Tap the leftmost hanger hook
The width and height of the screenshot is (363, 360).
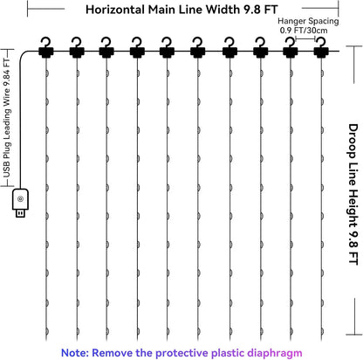(46, 47)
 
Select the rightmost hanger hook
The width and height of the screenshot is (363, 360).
(321, 47)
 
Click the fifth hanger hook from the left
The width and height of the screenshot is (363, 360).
(167, 47)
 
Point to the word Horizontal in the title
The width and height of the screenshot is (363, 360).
(115, 10)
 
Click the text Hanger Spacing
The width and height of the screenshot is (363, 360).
(308, 21)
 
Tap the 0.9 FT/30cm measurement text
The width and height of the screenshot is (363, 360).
(304, 31)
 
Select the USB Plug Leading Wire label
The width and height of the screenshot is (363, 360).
(7, 118)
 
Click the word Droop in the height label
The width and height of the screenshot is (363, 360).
(353, 141)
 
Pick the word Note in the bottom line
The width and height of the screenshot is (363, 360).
(75, 353)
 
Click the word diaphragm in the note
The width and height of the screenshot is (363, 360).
(275, 353)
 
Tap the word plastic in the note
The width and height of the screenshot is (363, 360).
(228, 353)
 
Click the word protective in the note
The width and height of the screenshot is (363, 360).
(181, 353)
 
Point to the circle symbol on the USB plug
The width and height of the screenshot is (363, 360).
(20, 199)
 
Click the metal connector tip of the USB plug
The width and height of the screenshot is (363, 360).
(20, 213)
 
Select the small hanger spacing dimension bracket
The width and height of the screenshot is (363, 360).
(305, 38)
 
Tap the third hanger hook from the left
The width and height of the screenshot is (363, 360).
(106, 47)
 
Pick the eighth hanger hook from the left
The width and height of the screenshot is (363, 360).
(261, 47)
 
